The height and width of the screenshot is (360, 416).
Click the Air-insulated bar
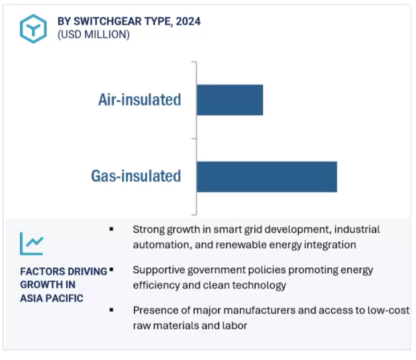pyautogui.click(x=230, y=100)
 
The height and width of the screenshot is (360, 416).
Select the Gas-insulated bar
pyautogui.click(x=267, y=176)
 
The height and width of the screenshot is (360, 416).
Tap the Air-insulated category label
pyautogui.click(x=140, y=100)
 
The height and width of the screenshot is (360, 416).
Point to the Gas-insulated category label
pyautogui.click(x=136, y=176)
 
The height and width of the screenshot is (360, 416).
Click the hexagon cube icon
pyautogui.click(x=33, y=29)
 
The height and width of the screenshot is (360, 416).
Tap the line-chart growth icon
pyautogui.click(x=32, y=244)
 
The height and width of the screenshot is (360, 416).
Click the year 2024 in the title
pyautogui.click(x=188, y=21)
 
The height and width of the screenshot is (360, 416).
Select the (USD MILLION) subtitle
pyautogui.click(x=93, y=34)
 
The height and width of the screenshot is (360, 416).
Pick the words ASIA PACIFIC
pyautogui.click(x=52, y=298)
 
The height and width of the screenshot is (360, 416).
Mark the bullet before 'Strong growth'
pyautogui.click(x=111, y=229)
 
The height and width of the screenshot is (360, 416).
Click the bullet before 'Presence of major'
pyautogui.click(x=111, y=310)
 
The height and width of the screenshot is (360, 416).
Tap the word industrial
pyautogui.click(x=357, y=229)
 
